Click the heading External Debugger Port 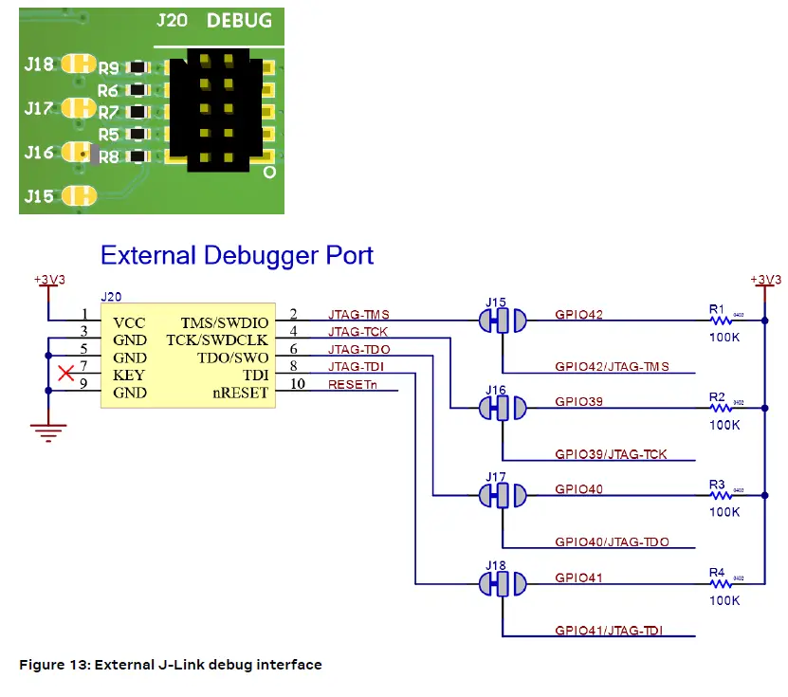pyautogui.click(x=237, y=255)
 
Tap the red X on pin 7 pyautogui.click(x=65, y=374)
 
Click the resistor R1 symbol pyautogui.click(x=722, y=321)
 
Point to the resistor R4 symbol pyautogui.click(x=722, y=584)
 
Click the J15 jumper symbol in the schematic pyautogui.click(x=502, y=321)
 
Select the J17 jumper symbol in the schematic pyautogui.click(x=502, y=496)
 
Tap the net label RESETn pyautogui.click(x=352, y=384)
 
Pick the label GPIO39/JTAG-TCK pyautogui.click(x=611, y=454)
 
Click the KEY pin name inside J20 pyautogui.click(x=127, y=376)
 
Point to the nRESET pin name pyautogui.click(x=241, y=393)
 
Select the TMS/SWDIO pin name pyautogui.click(x=225, y=322)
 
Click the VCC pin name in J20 pyautogui.click(x=127, y=322)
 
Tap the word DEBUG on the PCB pyautogui.click(x=239, y=20)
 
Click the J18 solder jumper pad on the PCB pyautogui.click(x=78, y=64)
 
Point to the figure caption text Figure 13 pyautogui.click(x=171, y=665)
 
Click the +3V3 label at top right pyautogui.click(x=765, y=280)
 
